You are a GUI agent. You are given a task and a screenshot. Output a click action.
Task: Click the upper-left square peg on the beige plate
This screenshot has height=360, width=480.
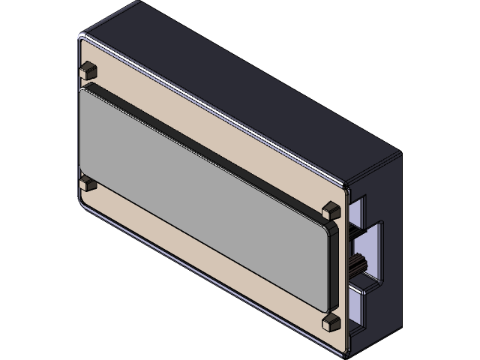click(x=88, y=69)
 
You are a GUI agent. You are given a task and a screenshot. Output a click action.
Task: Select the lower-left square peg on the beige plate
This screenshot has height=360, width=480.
click(x=88, y=182)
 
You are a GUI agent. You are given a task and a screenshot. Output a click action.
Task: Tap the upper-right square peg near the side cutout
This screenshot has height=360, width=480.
click(x=329, y=208)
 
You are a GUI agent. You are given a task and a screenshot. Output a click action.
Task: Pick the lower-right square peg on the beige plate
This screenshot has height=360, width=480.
click(x=329, y=322)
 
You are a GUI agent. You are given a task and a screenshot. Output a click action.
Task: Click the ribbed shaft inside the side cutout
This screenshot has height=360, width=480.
click(x=358, y=262)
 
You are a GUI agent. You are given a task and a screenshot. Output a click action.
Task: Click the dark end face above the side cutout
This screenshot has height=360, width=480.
click(x=375, y=180)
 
